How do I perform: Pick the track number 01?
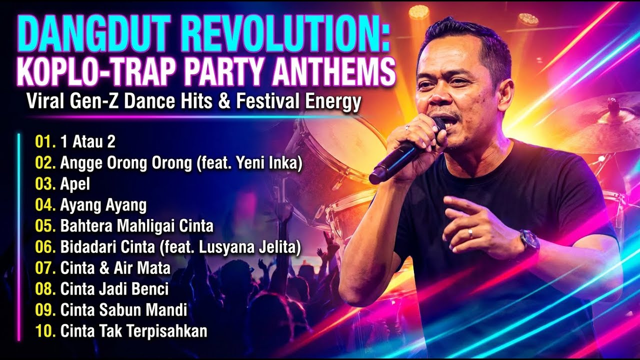pos(45,141)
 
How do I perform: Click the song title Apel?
pos(75,183)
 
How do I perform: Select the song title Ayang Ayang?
pos(103,205)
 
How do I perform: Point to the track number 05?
pos(45,226)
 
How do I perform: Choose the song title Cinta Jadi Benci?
pos(114,289)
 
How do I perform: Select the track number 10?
pos(45,331)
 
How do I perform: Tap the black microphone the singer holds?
pos(400,155)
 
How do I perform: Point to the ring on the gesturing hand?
pos(469,233)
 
